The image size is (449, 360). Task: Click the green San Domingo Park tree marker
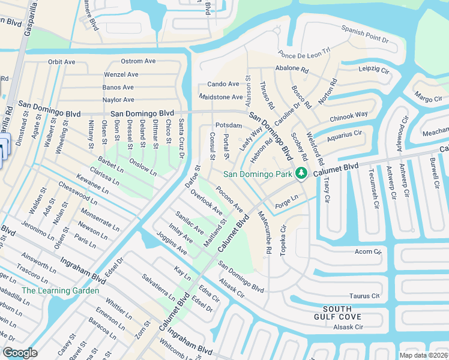(x=301, y=174)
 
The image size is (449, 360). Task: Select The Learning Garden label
(x=60, y=290)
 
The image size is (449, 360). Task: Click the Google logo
(x=20, y=352)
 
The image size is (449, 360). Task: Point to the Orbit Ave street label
(x=62, y=62)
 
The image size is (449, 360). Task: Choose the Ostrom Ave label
(x=138, y=61)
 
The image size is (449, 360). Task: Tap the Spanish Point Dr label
(x=365, y=33)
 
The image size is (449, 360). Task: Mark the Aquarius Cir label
(x=345, y=136)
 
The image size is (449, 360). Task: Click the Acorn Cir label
(x=368, y=251)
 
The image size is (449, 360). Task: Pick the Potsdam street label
(x=228, y=125)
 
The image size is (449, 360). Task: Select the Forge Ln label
(x=286, y=198)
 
